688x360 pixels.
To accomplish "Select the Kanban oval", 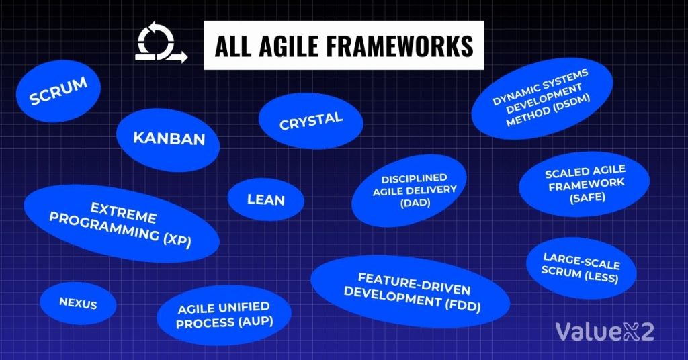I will [168, 138].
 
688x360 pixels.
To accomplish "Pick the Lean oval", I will [266, 200].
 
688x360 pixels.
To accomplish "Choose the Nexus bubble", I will [78, 304].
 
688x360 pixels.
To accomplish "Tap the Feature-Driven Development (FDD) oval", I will [410, 291].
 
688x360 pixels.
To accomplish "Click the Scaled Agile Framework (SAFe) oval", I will [585, 184].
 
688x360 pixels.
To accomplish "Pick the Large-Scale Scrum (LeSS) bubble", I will [581, 267].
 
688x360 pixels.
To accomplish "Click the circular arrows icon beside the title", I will [161, 45].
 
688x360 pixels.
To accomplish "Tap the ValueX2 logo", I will [604, 330].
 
